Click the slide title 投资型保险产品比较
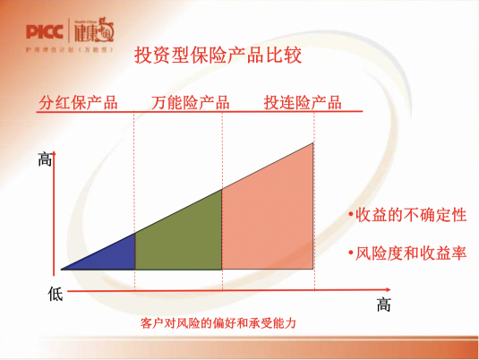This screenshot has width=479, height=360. (x=217, y=56)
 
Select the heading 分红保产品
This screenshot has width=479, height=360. (x=78, y=101)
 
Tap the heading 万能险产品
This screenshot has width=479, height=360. (x=190, y=101)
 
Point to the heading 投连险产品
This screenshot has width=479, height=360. (x=303, y=101)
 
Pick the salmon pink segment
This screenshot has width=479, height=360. (x=269, y=215)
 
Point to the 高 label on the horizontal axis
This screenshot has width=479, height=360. (x=384, y=304)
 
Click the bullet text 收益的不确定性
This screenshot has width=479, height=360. (x=406, y=216)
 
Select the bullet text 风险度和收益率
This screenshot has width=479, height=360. (x=406, y=253)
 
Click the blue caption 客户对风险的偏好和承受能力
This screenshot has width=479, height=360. (x=218, y=322)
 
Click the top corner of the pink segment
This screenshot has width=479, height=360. (x=313, y=143)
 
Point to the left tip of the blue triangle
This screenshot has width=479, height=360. (x=63, y=269)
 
